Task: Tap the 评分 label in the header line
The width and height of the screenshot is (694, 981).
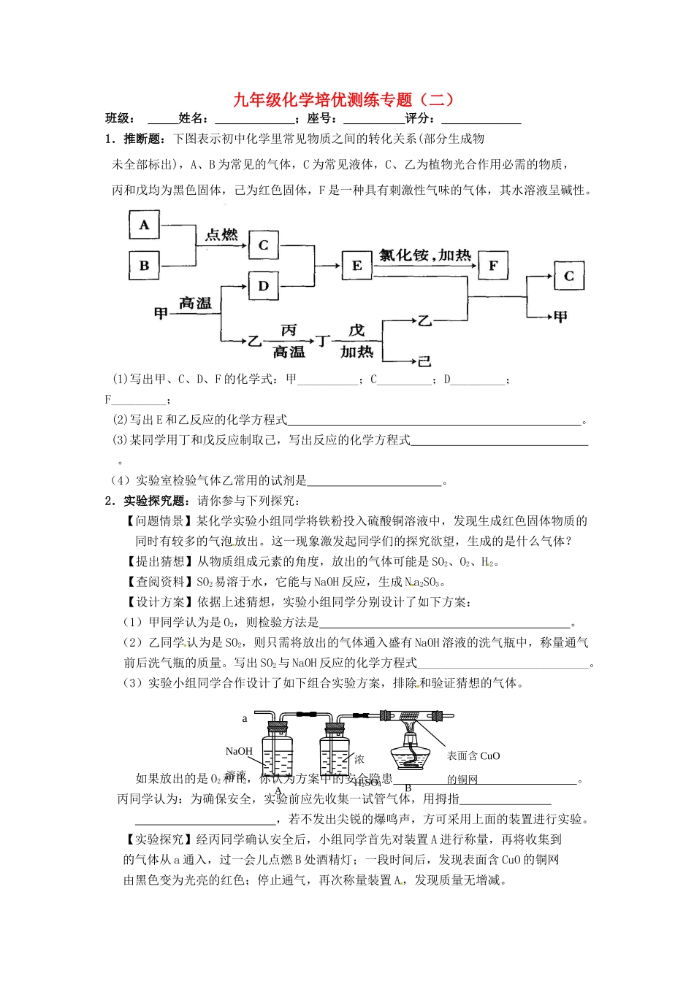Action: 419,119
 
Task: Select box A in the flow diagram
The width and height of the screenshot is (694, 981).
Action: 144,225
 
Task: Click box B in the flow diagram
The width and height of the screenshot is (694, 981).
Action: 144,266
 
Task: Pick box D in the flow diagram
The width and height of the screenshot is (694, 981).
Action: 264,286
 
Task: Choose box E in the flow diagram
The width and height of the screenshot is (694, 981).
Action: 356,266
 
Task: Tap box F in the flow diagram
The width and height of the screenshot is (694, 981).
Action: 493,266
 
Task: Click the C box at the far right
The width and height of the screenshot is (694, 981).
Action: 569,276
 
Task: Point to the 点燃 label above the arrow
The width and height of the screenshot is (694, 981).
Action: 221,235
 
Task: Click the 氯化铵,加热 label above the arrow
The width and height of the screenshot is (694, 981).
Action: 425,255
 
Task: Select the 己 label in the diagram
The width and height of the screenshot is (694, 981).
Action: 424,361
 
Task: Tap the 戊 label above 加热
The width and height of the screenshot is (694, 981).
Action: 356,330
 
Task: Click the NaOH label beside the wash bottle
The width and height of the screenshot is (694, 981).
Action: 239,751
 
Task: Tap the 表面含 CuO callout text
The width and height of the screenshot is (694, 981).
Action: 473,756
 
